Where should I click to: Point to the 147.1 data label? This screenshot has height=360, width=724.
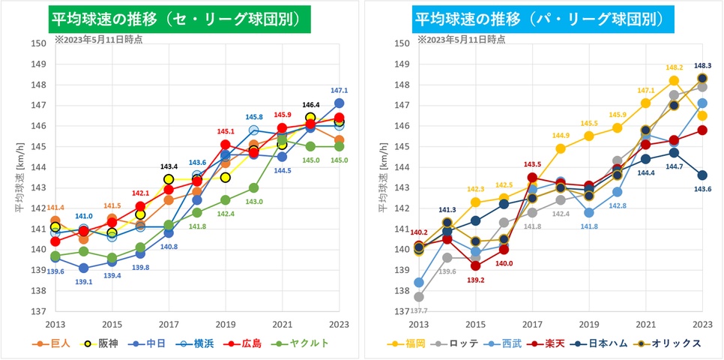click(x=340, y=90)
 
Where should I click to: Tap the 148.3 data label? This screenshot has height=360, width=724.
click(x=702, y=65)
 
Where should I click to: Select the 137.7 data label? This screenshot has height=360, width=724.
click(x=418, y=310)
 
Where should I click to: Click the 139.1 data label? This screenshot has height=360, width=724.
click(x=83, y=282)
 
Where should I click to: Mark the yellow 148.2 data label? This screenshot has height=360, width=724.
click(x=674, y=67)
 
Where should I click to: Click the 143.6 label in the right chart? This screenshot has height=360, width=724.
click(x=702, y=189)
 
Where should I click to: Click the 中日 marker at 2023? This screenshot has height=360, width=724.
click(x=339, y=103)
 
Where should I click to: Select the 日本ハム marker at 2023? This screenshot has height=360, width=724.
click(x=702, y=175)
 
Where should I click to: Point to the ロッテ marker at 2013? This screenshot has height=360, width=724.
click(x=418, y=297)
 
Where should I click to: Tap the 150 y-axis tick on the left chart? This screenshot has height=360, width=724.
click(x=38, y=43)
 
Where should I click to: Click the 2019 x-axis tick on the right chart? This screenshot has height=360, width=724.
click(x=588, y=324)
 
